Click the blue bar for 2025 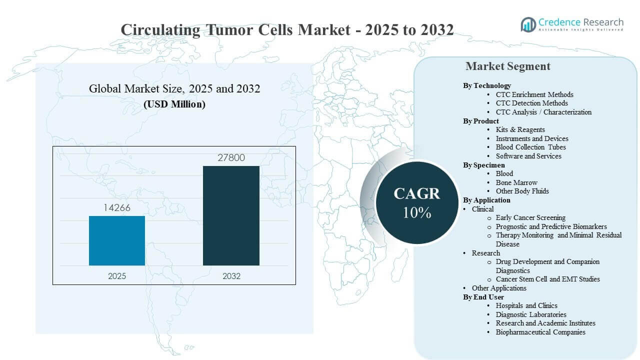117,240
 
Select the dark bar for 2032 231,215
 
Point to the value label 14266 117,207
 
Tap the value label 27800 231,157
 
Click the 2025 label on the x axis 117,275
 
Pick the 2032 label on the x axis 231,275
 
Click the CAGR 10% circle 417,202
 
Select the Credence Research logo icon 528,24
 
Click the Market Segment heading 507,66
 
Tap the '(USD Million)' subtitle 174,104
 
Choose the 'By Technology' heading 486,85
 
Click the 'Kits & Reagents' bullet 520,129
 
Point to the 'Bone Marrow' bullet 516,182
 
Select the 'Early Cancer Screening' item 530,217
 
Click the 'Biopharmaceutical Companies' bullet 540,332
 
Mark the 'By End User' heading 483,297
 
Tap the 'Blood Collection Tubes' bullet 530,147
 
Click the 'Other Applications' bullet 499,288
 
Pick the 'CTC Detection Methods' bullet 531,103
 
